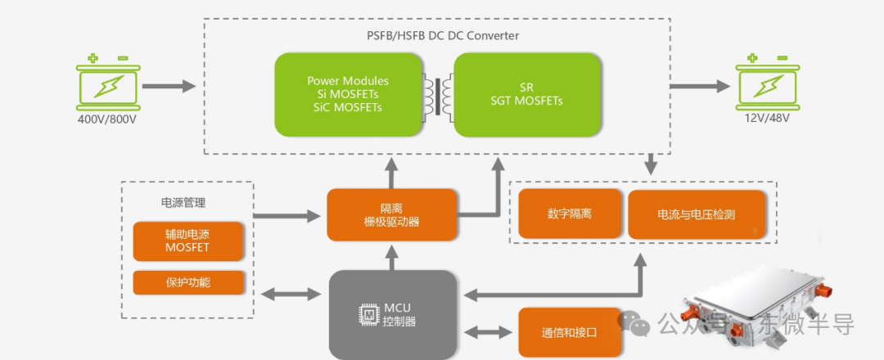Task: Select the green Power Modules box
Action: coord(348,94)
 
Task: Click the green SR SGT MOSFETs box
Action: coord(526,94)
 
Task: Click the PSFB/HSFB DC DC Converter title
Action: coord(443,36)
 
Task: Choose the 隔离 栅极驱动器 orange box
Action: coord(391,214)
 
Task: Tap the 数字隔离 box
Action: coord(570,214)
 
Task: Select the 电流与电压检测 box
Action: coord(697,214)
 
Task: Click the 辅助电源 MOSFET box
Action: coord(187,241)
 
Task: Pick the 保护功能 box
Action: coord(187,282)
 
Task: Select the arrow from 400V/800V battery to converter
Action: coord(173,85)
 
